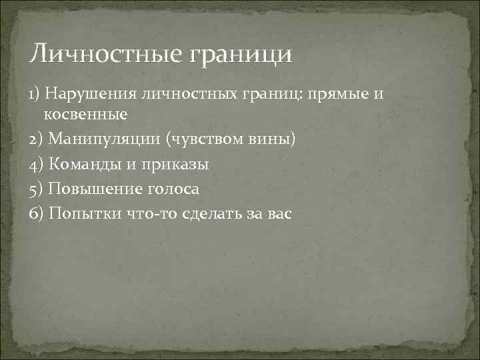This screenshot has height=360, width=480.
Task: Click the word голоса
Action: coord(173,189)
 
